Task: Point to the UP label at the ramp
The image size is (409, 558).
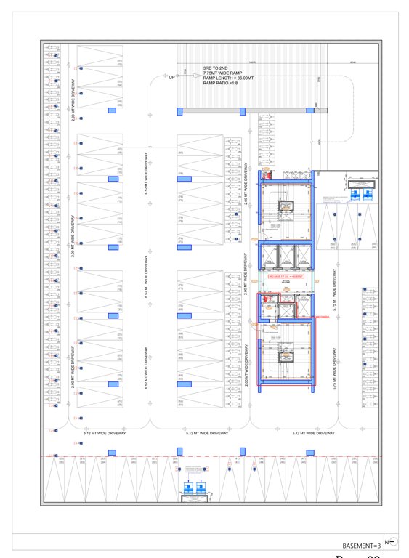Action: pos(171,77)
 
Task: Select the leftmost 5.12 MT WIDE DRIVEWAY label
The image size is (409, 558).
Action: pos(105,434)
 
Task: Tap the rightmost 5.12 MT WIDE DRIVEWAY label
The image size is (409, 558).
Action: pos(313,434)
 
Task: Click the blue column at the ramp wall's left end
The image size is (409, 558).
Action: pos(179,110)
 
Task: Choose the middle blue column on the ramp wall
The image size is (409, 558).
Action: pos(243,110)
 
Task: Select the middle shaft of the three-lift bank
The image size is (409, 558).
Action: pos(286,256)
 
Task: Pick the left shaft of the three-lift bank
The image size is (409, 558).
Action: pos(269,256)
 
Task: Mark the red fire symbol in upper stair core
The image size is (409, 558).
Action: pos(267,174)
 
